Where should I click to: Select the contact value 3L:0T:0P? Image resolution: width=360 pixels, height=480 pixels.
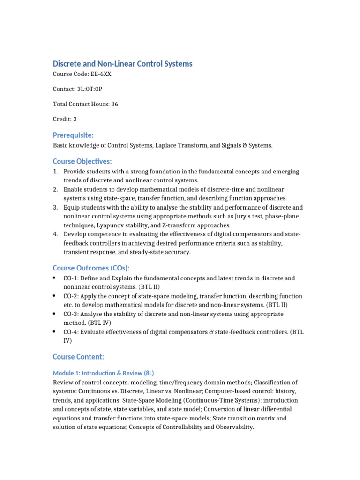coord(97,89)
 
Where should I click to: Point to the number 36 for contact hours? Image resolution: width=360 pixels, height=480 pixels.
coord(114,104)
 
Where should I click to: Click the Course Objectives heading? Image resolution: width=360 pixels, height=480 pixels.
coord(82,161)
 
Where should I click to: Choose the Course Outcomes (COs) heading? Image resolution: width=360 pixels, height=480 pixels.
coord(91,268)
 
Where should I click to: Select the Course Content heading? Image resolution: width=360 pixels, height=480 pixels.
coord(78,357)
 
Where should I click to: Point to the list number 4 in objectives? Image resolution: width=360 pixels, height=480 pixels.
coord(55,234)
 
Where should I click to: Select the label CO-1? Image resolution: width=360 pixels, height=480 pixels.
coord(72,278)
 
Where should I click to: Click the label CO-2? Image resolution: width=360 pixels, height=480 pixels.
coord(72,296)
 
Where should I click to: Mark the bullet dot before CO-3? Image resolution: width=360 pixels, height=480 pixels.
coord(55,314)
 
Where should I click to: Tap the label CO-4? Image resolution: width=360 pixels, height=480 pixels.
coord(72,332)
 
